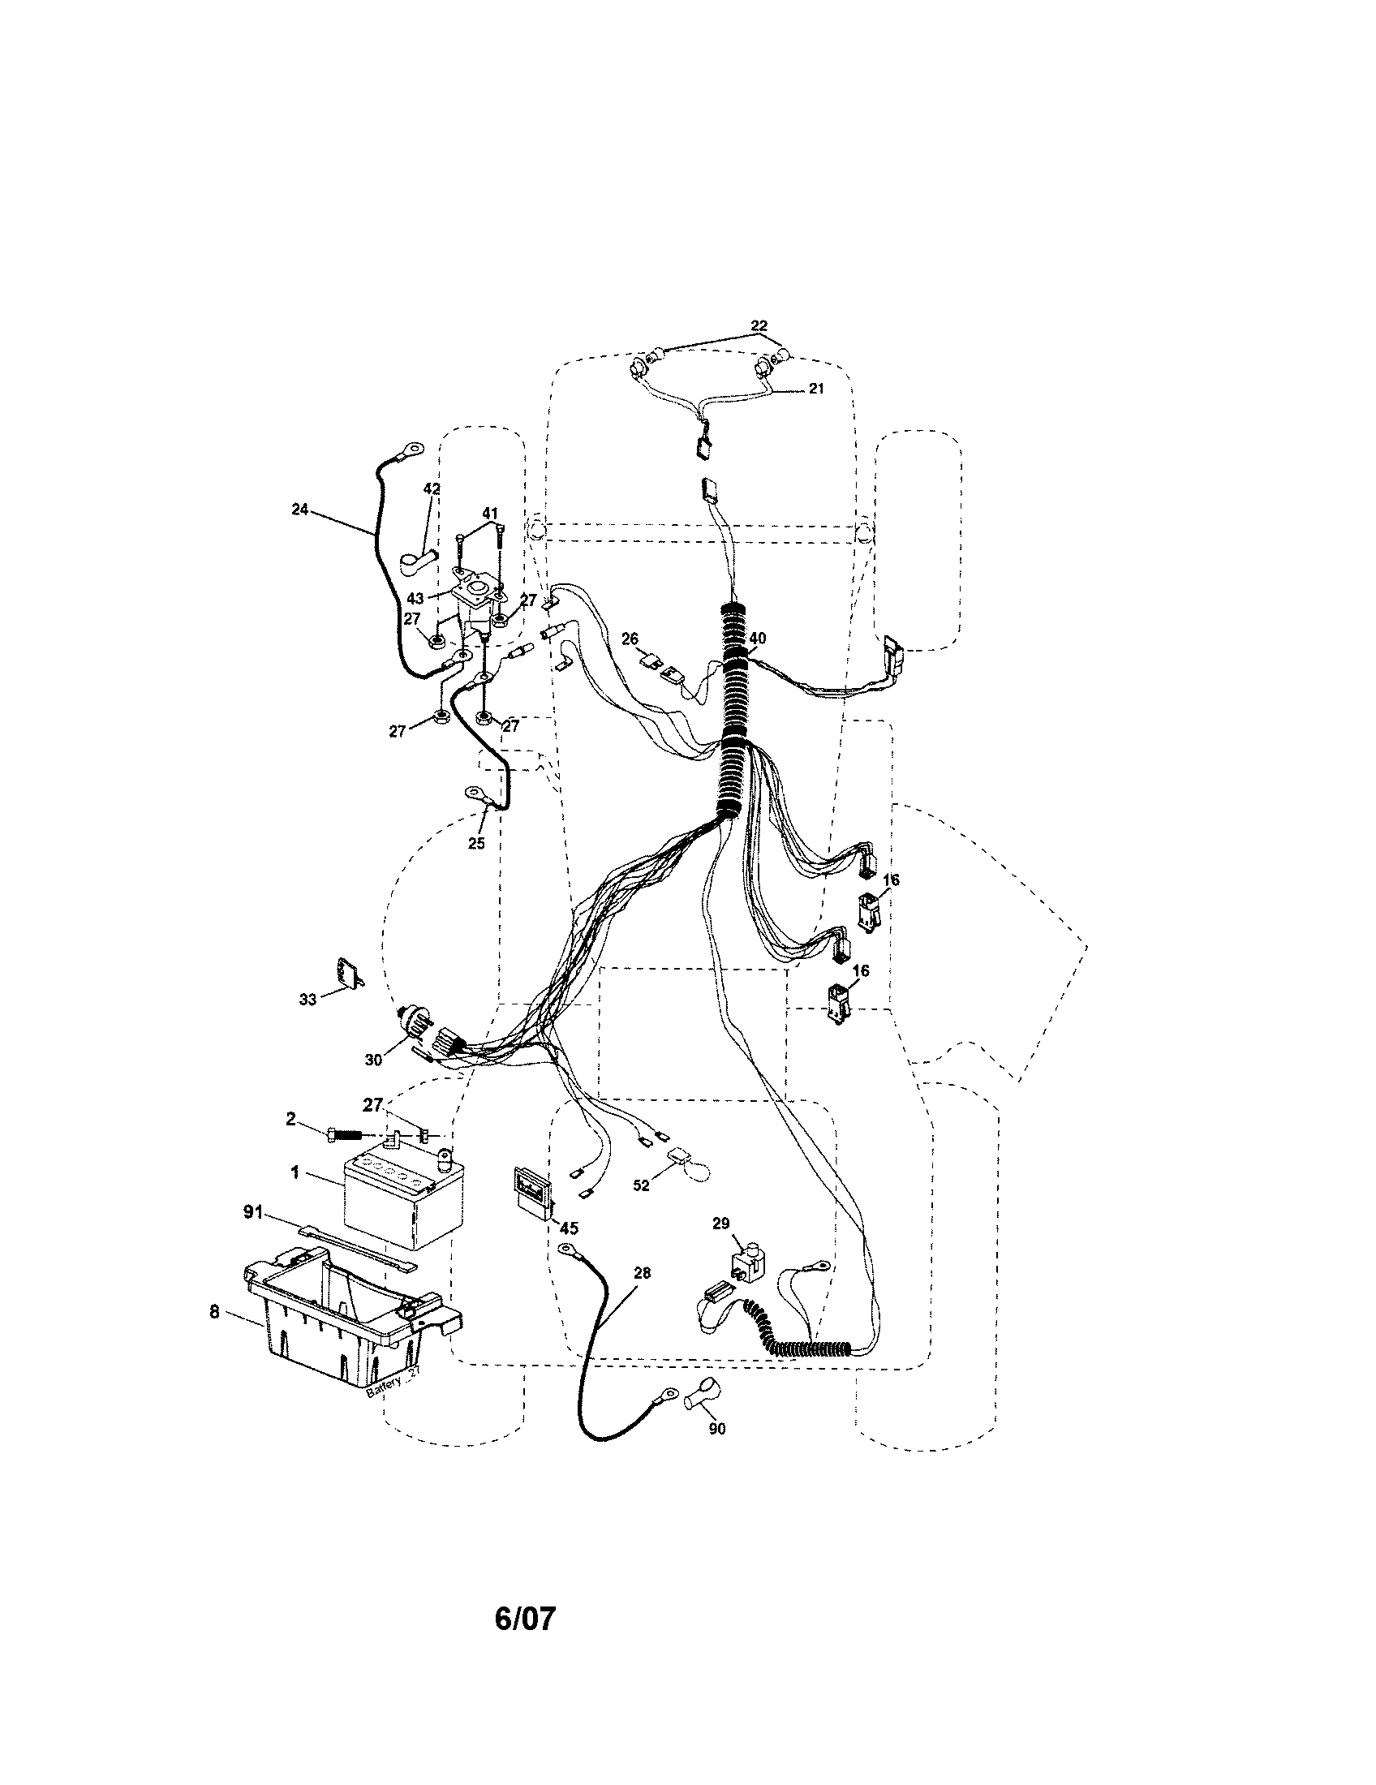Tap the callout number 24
pos(300,510)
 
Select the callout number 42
pos(432,488)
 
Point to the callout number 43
pos(415,598)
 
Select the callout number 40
pos(758,639)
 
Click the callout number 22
pos(759,326)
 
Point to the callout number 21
pos(816,388)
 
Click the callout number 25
pos(475,843)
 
